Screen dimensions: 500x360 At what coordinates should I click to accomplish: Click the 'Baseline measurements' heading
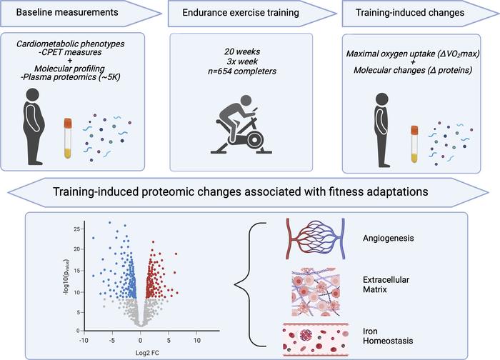point(67,12)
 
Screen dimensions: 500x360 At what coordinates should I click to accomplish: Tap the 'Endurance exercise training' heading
point(241,13)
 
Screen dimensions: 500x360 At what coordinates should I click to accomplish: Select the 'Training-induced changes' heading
point(410,13)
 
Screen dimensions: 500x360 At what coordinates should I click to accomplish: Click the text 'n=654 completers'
point(242,71)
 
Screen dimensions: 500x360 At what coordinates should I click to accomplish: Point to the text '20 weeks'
point(242,51)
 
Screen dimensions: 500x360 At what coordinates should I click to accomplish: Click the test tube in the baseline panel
point(68,139)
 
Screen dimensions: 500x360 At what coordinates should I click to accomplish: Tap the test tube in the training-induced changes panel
point(414,144)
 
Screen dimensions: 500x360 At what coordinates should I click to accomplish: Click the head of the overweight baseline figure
point(33,95)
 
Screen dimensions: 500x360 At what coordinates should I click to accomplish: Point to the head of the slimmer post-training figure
point(381,99)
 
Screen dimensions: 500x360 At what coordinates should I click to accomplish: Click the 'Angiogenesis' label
point(388,238)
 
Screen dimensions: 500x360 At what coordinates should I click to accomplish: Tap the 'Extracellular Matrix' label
point(386,284)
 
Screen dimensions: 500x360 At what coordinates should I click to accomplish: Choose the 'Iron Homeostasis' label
point(388,336)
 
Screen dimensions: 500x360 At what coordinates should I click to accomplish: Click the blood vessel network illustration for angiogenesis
point(315,238)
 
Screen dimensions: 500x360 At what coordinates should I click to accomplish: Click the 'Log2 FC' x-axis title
point(147,353)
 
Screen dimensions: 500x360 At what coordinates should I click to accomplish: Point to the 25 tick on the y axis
point(77,229)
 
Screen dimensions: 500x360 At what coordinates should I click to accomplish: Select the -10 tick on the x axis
point(84,341)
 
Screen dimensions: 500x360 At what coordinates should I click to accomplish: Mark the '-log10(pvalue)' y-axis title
point(67,276)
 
